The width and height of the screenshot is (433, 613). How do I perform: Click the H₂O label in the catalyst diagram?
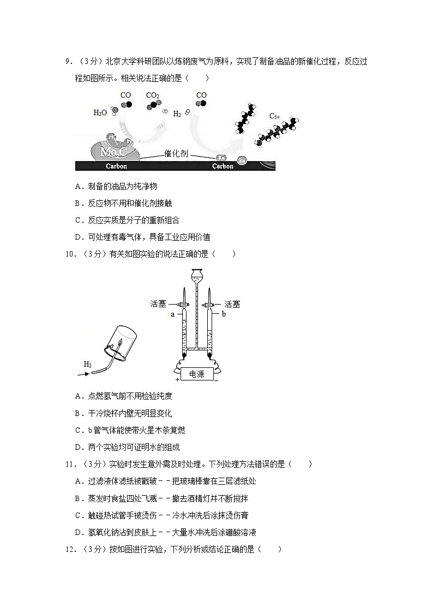point(100,113)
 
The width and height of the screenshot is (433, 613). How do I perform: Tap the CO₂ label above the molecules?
point(153,96)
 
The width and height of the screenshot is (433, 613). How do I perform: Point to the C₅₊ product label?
point(274,116)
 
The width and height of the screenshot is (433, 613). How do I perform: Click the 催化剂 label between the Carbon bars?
point(176,154)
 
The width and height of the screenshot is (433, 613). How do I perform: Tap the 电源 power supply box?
point(196,374)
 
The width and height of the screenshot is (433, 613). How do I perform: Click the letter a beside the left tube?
point(173,314)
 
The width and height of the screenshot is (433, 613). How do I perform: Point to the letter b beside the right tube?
point(224,314)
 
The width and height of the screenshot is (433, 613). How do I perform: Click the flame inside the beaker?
point(117,344)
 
